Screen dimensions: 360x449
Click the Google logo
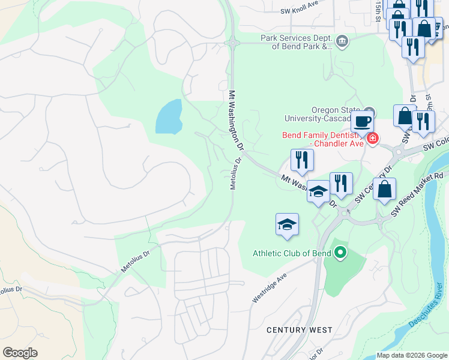click(x=20, y=353)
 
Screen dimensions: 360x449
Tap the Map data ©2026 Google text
click(x=411, y=355)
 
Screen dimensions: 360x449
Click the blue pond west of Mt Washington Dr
click(x=168, y=116)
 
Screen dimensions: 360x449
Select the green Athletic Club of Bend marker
click(x=340, y=253)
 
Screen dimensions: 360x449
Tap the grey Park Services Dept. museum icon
click(x=342, y=41)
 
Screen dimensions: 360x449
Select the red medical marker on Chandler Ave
click(x=373, y=139)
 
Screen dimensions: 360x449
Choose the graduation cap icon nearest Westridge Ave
click(x=287, y=224)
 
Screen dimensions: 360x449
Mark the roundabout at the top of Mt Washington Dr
click(x=232, y=43)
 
